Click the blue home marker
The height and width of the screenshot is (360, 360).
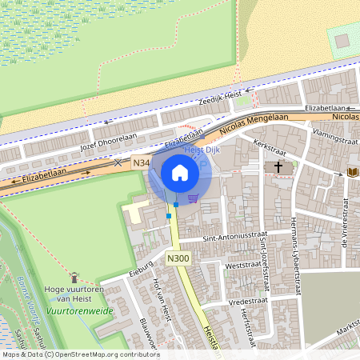(x=179, y=172)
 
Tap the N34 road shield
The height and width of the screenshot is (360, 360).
(x=142, y=163)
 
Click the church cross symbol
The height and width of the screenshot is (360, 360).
(x=278, y=167)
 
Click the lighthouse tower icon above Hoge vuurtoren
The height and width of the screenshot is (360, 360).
(x=74, y=277)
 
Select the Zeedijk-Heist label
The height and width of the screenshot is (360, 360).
(x=223, y=96)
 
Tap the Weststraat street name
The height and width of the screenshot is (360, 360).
(x=243, y=263)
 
